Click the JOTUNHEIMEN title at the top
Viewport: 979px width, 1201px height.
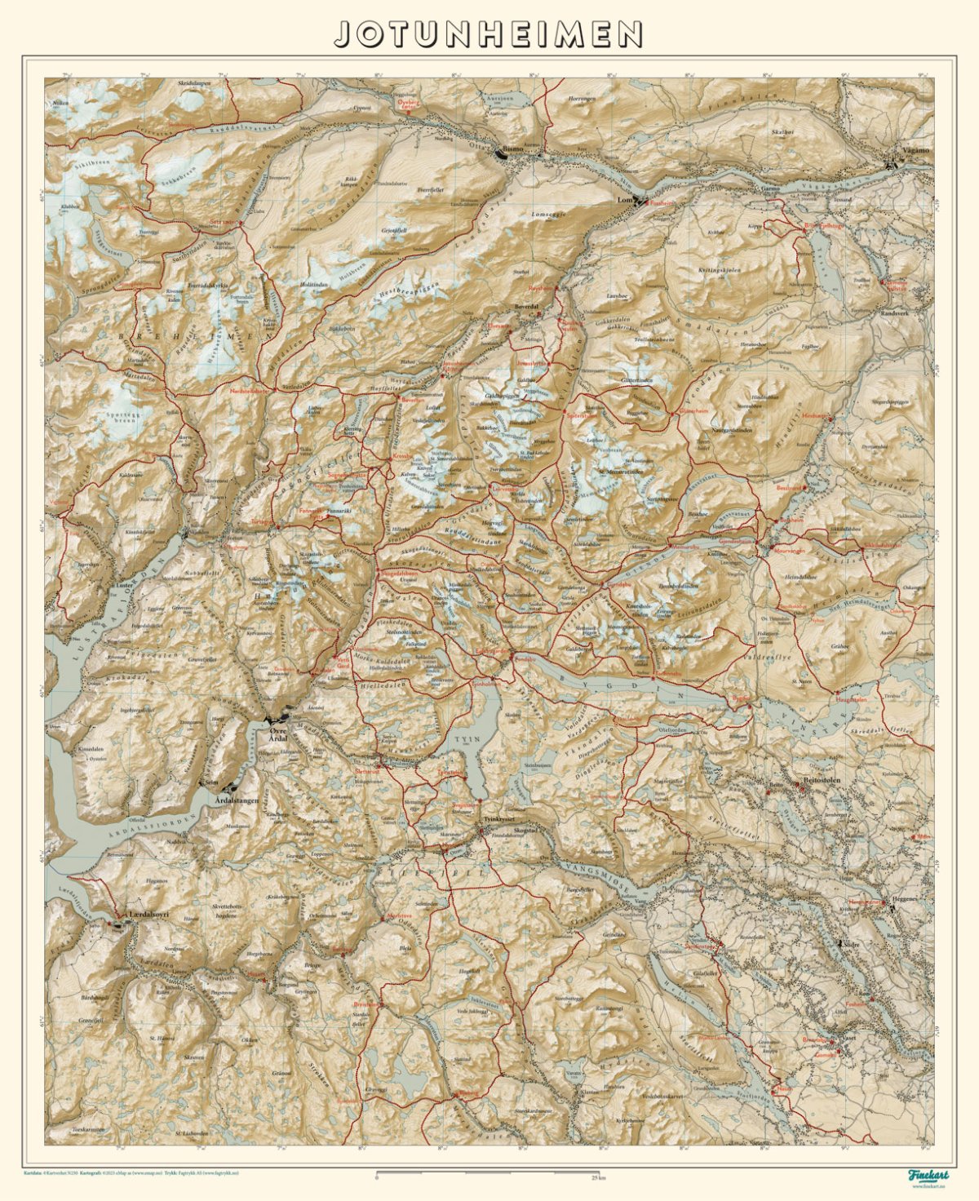(489, 33)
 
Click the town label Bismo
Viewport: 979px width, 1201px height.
(516, 151)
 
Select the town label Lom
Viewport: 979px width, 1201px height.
(625, 200)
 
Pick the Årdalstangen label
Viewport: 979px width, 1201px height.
(236, 801)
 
